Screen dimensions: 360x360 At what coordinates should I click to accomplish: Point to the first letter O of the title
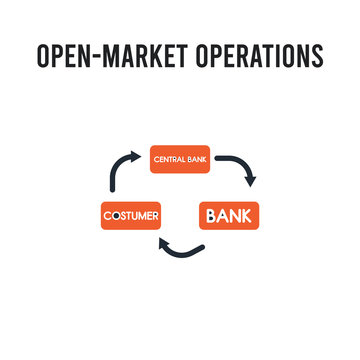44,57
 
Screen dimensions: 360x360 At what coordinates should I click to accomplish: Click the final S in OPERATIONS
317,57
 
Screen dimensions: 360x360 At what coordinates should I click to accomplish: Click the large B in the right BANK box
211,215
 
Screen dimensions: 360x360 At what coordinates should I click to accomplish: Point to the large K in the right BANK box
246,215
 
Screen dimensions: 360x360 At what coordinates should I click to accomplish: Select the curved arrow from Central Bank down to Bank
236,162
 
